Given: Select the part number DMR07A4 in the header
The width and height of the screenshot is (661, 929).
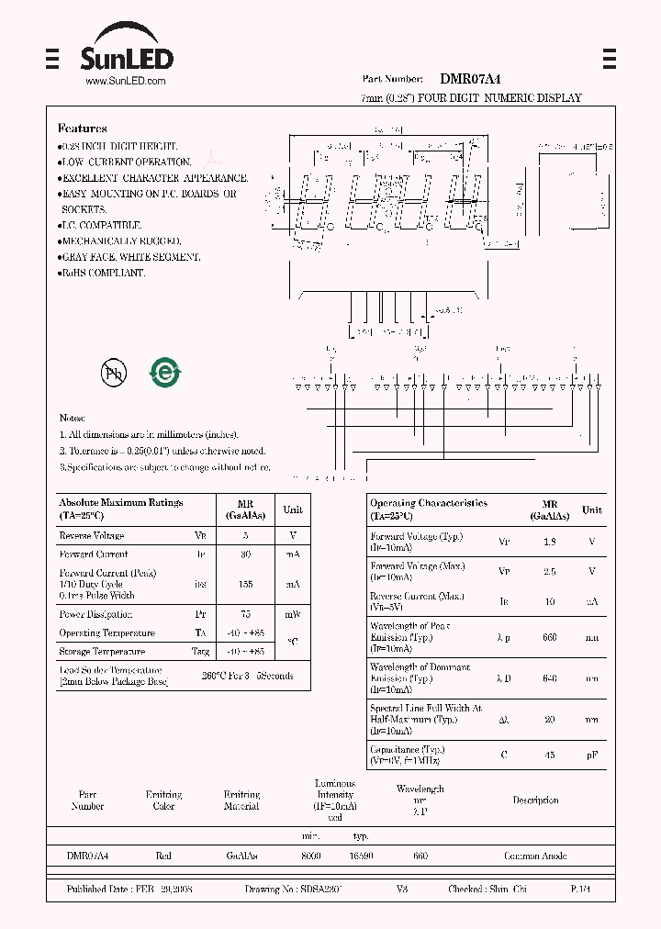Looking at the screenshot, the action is [471, 81].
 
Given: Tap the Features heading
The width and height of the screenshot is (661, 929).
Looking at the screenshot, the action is [83, 129].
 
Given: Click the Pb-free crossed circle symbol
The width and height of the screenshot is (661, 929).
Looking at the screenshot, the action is [115, 372].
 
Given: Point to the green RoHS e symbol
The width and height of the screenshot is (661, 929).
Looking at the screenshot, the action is [166, 372].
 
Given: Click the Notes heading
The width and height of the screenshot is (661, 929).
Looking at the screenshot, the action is [73, 419].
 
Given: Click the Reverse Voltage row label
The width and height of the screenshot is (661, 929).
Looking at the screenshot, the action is [92, 536].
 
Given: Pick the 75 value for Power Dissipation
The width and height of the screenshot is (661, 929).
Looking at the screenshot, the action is [245, 614].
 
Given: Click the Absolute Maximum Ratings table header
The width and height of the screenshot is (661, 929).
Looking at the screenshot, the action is [121, 509].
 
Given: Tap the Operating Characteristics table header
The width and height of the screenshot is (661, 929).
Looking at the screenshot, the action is [429, 509].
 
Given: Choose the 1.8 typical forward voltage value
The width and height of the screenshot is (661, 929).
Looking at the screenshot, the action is [549, 542].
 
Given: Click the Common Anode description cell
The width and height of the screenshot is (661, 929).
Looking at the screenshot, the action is [535, 856].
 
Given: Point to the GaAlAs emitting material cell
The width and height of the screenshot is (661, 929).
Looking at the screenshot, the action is [241, 856].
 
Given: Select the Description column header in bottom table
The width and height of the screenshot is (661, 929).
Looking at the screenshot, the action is [535, 800].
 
